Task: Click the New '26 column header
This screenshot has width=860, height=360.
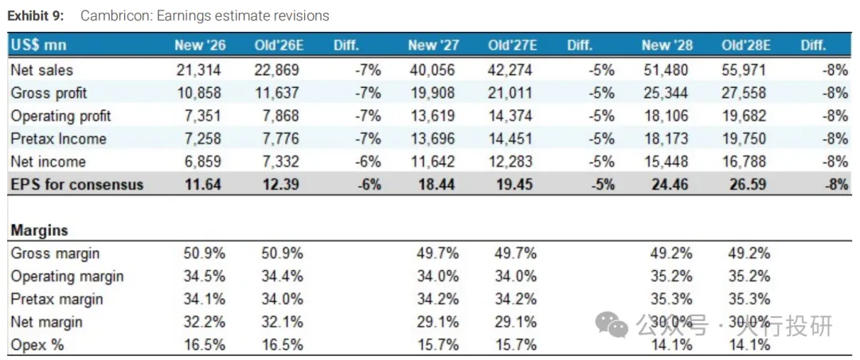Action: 200,45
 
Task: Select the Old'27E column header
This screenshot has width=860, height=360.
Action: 512,45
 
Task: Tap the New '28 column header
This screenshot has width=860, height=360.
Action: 667,45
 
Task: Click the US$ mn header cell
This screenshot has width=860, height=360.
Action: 38,45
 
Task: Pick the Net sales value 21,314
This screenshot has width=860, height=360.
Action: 200,70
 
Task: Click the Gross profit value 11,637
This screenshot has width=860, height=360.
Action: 277,93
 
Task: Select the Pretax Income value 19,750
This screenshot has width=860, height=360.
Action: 744,139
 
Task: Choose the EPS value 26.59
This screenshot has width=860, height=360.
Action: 748,185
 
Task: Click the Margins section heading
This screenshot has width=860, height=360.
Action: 40,230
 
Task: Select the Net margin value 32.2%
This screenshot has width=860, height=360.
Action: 204,322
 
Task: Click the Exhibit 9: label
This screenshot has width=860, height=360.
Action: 36,15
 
